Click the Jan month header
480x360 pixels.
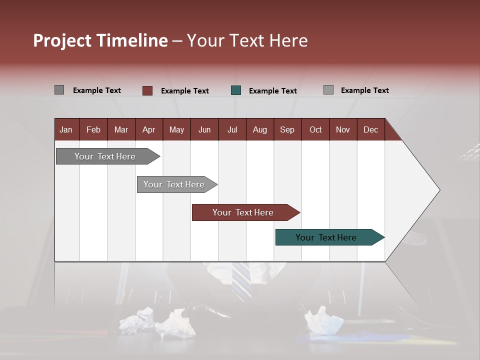click(66, 129)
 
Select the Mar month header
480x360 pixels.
click(121, 129)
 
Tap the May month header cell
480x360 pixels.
click(176, 129)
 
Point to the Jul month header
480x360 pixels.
click(232, 129)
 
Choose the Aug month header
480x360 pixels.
click(259, 129)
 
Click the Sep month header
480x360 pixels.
click(287, 129)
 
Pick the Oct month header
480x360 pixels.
click(315, 129)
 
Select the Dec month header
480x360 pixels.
click(370, 129)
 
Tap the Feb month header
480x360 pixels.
click(93, 129)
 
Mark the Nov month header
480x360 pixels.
click(342, 129)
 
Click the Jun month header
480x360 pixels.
click(204, 129)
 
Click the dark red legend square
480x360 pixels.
click(147, 90)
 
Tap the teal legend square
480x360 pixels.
click(236, 90)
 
